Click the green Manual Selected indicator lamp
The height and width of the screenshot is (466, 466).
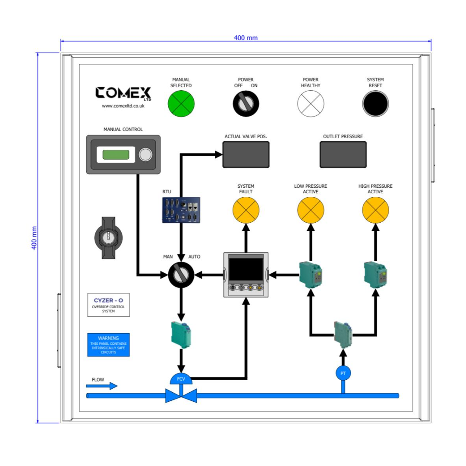pos(181,104)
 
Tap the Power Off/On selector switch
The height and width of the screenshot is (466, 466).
pos(246,104)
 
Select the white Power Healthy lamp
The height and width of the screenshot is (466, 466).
pos(311,104)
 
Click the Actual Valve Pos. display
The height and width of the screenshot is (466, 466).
pos(246,154)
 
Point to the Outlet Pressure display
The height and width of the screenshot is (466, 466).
pos(343,154)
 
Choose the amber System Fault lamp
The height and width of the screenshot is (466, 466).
pos(246,210)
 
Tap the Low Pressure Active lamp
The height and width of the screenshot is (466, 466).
pos(311,210)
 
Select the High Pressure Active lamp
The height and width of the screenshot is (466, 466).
pos(375,210)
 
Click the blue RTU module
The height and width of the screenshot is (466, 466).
pos(182,210)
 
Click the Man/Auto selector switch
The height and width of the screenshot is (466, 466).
pos(181,274)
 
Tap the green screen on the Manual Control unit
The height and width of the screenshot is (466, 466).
pos(116,154)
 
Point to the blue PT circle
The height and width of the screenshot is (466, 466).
pos(343,373)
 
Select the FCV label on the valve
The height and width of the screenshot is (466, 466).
pos(181,379)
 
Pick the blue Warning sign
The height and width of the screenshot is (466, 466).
pos(108,345)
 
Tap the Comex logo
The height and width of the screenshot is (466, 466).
pos(123,93)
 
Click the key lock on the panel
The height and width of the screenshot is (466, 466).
pos(109,238)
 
